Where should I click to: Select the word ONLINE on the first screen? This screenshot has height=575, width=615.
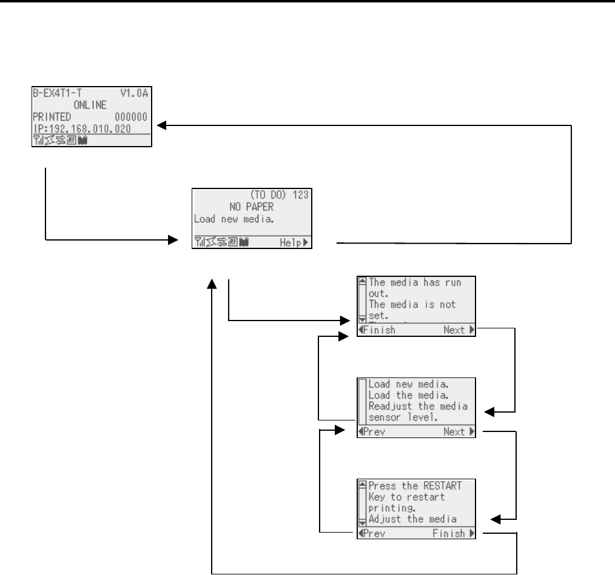[x=91, y=104]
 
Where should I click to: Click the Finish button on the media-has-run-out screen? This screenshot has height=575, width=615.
[x=378, y=330]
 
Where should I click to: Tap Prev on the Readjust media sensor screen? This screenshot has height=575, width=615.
[x=373, y=432]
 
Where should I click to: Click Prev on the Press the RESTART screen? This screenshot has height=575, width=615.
[x=373, y=534]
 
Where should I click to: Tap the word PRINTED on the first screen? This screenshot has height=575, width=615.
[x=52, y=116]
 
